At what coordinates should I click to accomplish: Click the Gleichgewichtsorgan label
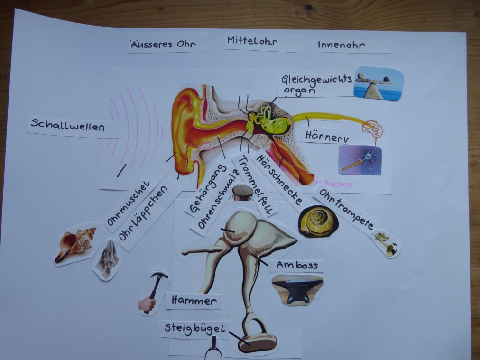click(316, 84)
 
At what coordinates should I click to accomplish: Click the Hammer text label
click(194, 300)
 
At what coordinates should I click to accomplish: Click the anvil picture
click(297, 289)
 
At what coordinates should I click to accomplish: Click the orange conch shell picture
click(76, 243)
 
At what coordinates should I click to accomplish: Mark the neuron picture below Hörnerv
click(360, 160)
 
